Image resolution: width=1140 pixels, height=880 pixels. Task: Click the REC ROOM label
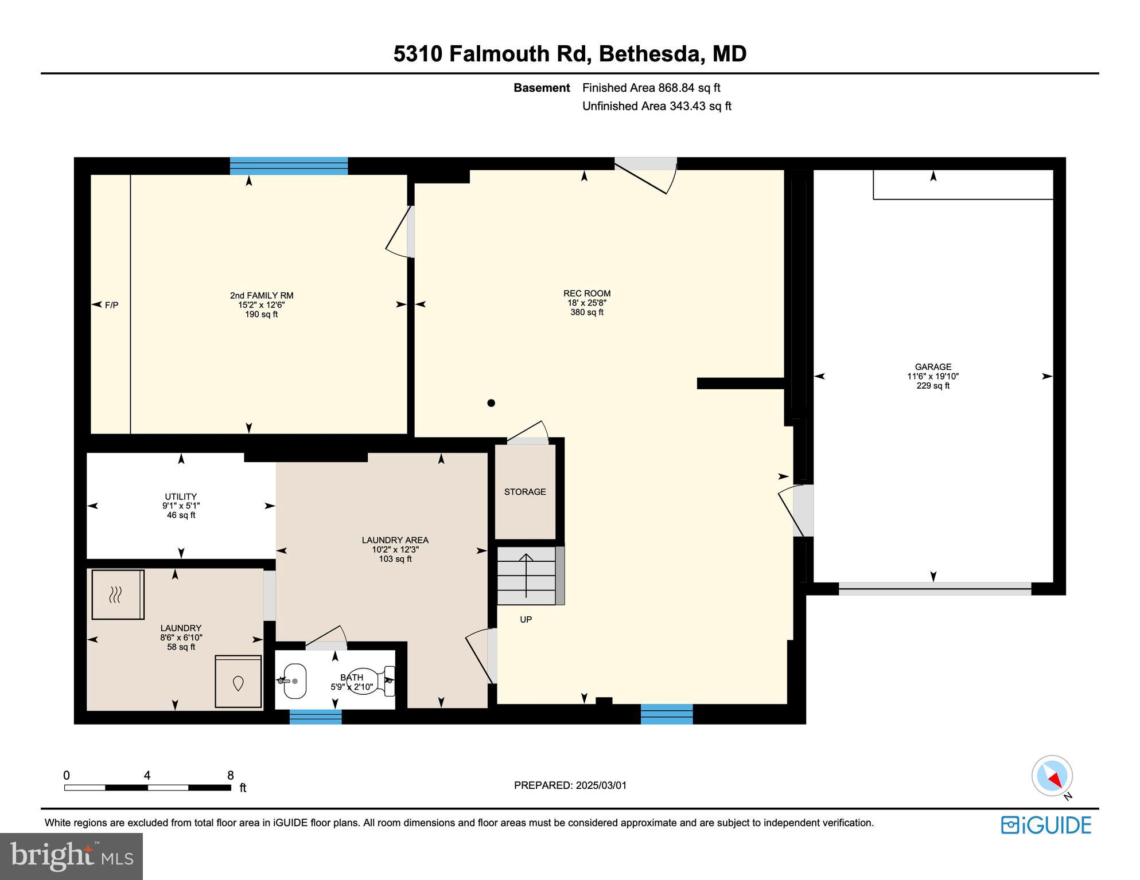point(586,294)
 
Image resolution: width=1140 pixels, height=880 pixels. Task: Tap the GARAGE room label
point(932,367)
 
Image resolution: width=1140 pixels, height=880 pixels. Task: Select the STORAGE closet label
point(524,492)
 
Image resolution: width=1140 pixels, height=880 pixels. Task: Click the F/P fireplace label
point(111,305)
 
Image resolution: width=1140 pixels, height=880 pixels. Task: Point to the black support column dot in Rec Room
point(491,403)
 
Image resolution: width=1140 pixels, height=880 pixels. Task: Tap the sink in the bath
point(294,681)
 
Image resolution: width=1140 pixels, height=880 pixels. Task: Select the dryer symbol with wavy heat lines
point(118,595)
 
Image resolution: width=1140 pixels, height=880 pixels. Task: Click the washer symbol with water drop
point(238,682)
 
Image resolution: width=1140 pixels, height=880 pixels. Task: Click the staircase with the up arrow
point(526,576)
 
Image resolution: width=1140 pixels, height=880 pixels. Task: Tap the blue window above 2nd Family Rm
point(289,166)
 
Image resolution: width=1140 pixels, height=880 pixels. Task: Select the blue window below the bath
point(315,717)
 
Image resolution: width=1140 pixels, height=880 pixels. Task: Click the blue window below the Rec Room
point(666,714)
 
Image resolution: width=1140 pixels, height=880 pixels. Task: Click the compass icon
point(1052,776)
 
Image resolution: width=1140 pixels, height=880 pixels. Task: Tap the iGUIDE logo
point(1046,825)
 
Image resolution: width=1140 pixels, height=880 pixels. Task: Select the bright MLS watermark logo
point(71,856)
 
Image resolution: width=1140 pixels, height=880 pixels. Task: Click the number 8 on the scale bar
point(230,776)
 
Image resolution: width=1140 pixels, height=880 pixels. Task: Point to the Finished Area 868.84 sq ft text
point(651,88)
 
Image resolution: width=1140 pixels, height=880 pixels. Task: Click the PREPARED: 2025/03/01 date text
point(570,785)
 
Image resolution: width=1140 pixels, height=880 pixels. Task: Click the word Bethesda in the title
point(651,54)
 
